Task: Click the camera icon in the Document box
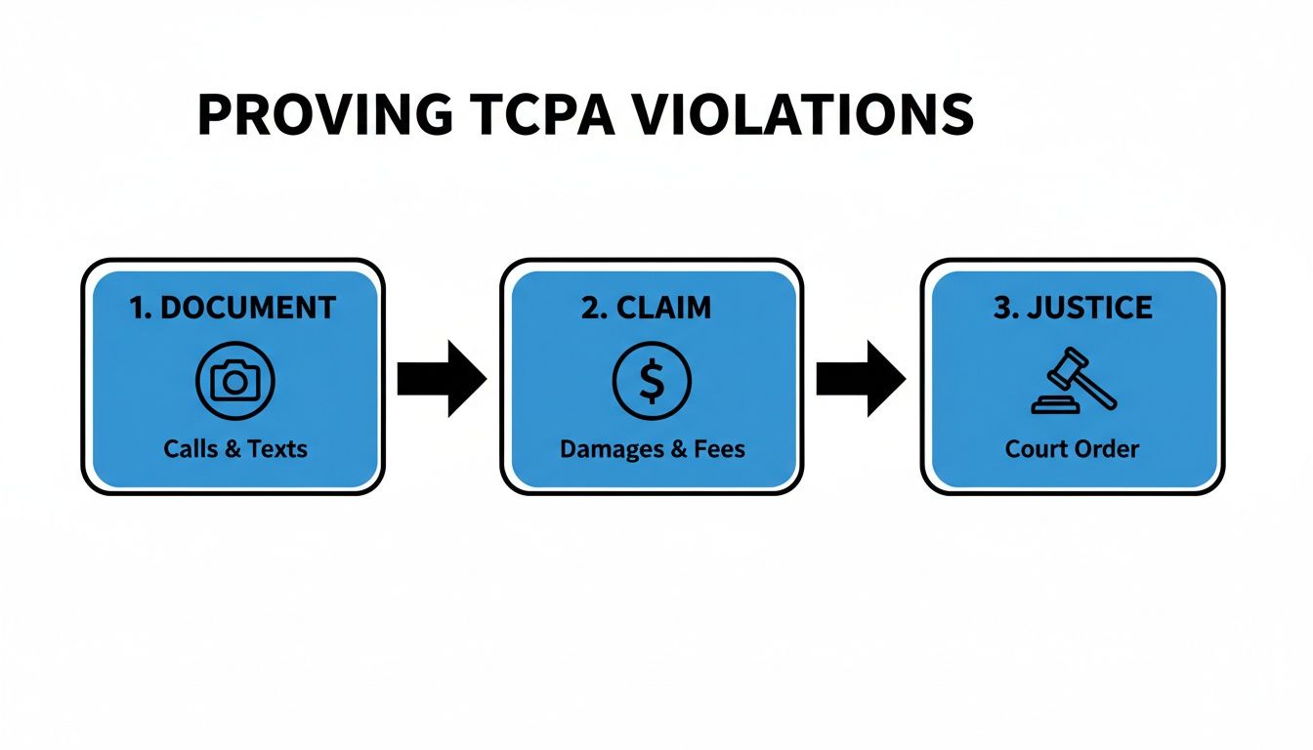[235, 381]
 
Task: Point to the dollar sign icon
[652, 381]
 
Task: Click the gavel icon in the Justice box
[1073, 381]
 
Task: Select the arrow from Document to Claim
[442, 379]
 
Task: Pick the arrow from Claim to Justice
[861, 379]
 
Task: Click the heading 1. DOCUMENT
[233, 308]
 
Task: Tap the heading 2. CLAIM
[647, 308]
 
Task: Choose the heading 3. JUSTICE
[1073, 308]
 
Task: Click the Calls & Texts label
[235, 449]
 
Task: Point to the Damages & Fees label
[652, 449]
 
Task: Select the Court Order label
[1072, 449]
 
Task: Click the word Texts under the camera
[277, 449]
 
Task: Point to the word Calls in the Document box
[191, 449]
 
